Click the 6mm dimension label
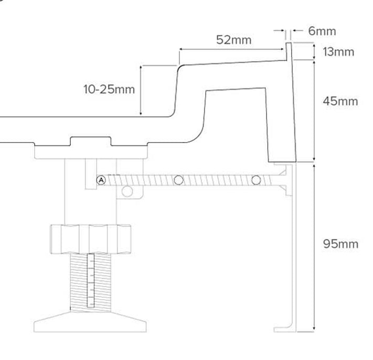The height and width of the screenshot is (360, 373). coord(322,31)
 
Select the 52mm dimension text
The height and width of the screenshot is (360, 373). coord(234,40)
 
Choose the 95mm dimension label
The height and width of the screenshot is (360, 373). coord(341,244)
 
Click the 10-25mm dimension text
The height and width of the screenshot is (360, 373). coord(109,89)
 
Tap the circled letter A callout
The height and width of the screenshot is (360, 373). coord(101,180)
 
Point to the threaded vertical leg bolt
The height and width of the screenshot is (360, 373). coord(90,280)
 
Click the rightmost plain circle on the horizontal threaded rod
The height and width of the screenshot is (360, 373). coord(256,180)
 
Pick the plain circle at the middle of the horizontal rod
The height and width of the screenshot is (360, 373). coord(178,180)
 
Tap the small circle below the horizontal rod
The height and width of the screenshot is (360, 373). coord(127,191)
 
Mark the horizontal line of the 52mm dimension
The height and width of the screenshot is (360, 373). coord(231,49)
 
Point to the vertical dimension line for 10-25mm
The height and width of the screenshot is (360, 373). coord(141,90)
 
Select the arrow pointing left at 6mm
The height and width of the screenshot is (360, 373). coord(296,31)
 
